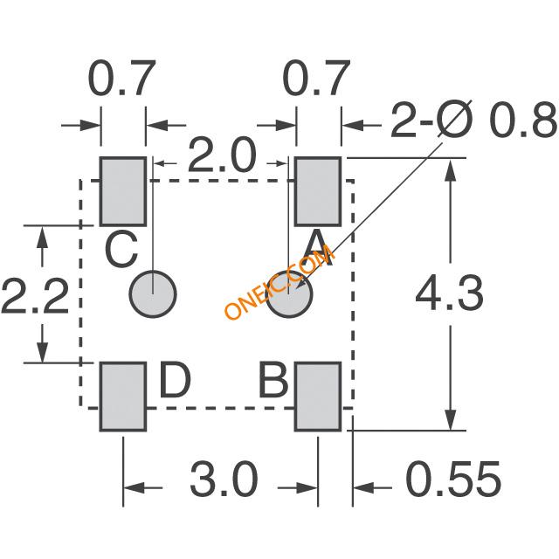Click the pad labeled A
click(x=318, y=191)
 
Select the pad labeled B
click(x=318, y=397)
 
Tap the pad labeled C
click(x=123, y=191)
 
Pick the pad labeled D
click(x=123, y=397)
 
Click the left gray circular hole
click(x=153, y=294)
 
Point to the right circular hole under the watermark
click(x=289, y=294)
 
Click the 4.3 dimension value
click(x=450, y=293)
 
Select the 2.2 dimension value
click(x=35, y=297)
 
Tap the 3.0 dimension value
click(x=224, y=480)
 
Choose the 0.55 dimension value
click(x=454, y=480)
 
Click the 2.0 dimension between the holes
click(x=222, y=155)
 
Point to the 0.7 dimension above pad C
click(x=122, y=78)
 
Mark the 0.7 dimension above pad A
click(x=316, y=78)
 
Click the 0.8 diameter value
click(x=523, y=121)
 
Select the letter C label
click(x=122, y=249)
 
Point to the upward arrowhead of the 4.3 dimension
click(x=451, y=170)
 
